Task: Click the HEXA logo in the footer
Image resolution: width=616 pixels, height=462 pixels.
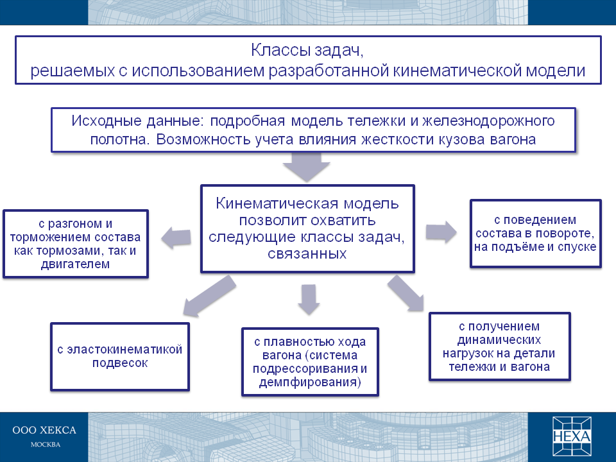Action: tap(572, 436)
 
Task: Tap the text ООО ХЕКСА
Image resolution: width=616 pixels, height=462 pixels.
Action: tap(44, 430)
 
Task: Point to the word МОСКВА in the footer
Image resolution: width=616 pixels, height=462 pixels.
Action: tap(46, 445)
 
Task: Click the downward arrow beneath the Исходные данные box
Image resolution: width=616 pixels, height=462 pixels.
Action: tap(307, 167)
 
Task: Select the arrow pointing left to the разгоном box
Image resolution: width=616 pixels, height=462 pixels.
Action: tap(176, 237)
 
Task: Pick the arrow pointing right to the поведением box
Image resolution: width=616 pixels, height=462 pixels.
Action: tap(441, 232)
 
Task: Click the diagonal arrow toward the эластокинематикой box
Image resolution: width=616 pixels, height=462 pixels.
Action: tap(209, 296)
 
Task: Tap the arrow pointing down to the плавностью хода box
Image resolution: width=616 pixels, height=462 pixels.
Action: tap(309, 300)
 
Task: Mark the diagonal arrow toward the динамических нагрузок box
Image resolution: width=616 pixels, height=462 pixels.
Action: tap(406, 293)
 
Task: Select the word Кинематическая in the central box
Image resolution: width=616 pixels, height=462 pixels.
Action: tap(277, 203)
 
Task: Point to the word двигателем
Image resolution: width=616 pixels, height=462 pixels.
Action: tap(76, 264)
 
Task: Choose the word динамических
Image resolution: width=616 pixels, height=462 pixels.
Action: tap(499, 340)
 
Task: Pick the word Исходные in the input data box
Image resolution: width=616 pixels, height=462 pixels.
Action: tap(107, 121)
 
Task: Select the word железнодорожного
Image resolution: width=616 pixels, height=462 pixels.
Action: tap(488, 121)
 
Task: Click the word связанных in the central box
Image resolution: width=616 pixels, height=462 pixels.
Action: tap(307, 254)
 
